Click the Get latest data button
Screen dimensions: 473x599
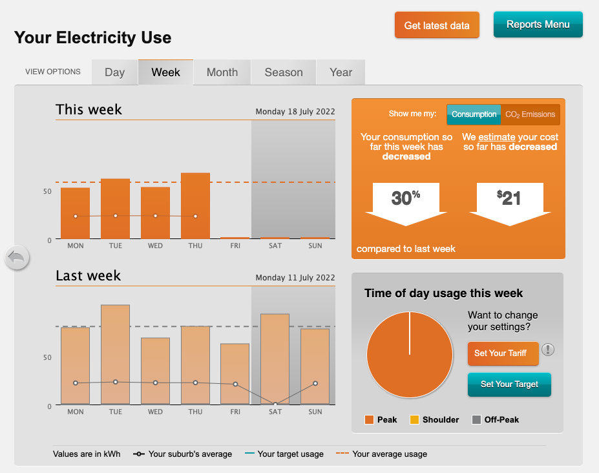click(x=437, y=25)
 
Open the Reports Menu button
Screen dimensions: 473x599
click(x=538, y=25)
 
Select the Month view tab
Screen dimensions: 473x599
click(x=222, y=72)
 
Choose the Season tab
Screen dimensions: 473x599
click(x=284, y=72)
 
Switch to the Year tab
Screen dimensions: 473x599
click(x=341, y=72)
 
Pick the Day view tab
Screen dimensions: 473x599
click(x=114, y=72)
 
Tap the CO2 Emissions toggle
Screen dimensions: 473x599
click(x=530, y=114)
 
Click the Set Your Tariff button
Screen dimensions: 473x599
click(x=503, y=353)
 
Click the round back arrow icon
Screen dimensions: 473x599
click(x=17, y=258)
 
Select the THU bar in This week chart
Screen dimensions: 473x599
click(x=195, y=205)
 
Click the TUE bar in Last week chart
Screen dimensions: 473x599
click(x=115, y=355)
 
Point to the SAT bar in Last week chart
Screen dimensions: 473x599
click(x=275, y=359)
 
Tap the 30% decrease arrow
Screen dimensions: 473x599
click(x=406, y=202)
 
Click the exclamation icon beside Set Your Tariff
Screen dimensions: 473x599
click(x=548, y=350)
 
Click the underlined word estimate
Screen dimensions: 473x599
click(x=497, y=137)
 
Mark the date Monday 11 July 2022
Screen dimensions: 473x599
click(x=295, y=278)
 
